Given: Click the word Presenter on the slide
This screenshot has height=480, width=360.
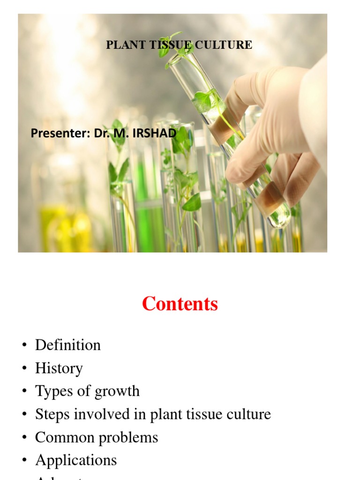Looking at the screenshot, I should point(60,134).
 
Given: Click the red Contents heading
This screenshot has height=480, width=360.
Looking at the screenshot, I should point(180,304).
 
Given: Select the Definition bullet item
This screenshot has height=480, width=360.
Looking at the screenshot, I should point(67,345).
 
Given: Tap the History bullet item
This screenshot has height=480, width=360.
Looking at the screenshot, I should point(59,368).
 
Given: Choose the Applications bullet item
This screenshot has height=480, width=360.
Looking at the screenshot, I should point(75,460).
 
